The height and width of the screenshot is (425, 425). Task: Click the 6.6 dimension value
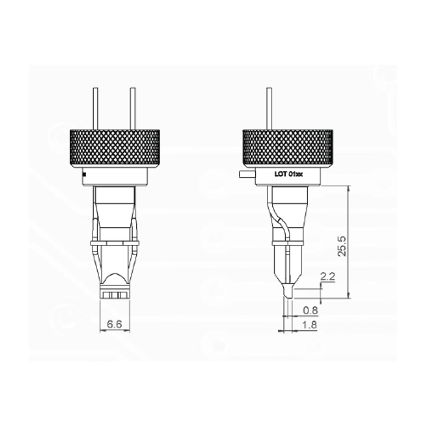coord(114,324)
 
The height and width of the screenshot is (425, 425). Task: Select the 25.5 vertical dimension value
coord(342,246)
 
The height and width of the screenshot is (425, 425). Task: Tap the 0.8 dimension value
coord(310,310)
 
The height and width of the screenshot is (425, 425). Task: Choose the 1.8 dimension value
coord(310,325)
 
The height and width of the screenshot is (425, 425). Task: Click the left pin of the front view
coord(95,108)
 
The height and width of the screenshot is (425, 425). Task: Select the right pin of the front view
coord(133,108)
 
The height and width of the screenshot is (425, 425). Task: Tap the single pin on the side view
coord(269,108)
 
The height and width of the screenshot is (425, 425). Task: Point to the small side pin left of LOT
coord(246,173)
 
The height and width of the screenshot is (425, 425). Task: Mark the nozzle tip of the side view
coord(288,292)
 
